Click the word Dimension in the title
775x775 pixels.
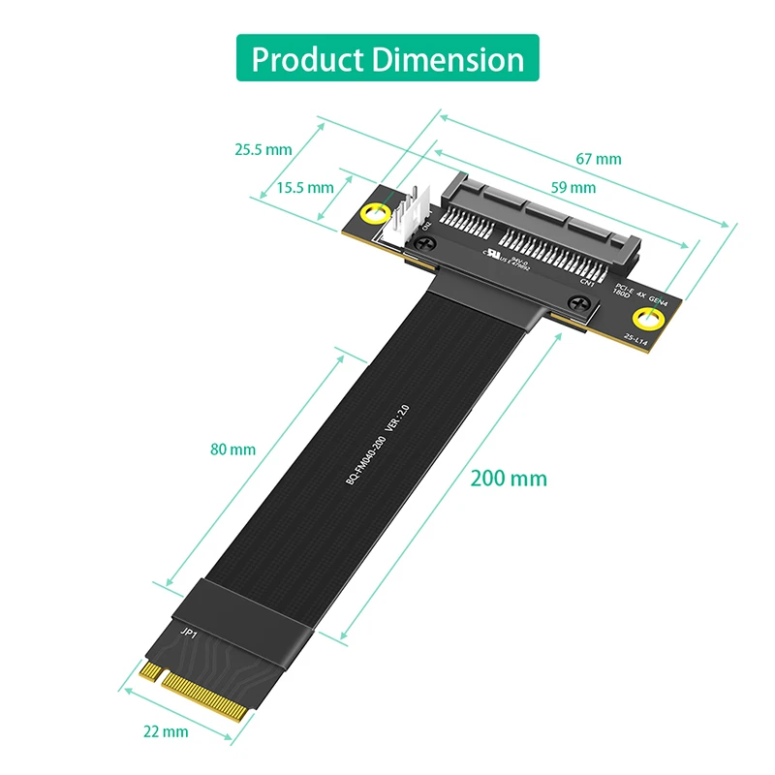click(448, 59)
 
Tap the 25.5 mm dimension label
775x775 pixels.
click(263, 149)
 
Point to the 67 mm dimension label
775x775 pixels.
click(599, 159)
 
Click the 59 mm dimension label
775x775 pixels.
click(573, 187)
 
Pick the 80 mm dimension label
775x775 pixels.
click(232, 449)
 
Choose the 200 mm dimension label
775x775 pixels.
click(509, 479)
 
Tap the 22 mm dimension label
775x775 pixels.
click(166, 731)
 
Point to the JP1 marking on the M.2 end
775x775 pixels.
click(187, 633)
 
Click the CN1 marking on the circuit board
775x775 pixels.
click(586, 281)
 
